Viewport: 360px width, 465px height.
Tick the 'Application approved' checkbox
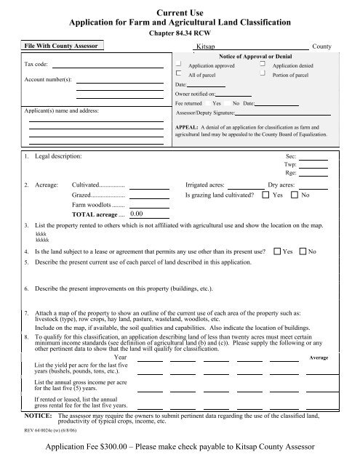click(x=180, y=64)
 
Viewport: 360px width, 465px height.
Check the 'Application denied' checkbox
click(x=263, y=64)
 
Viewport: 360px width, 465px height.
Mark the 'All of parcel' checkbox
click(x=180, y=74)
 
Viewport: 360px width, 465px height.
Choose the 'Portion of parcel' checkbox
click(x=263, y=74)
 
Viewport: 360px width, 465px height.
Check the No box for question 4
click(x=303, y=251)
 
